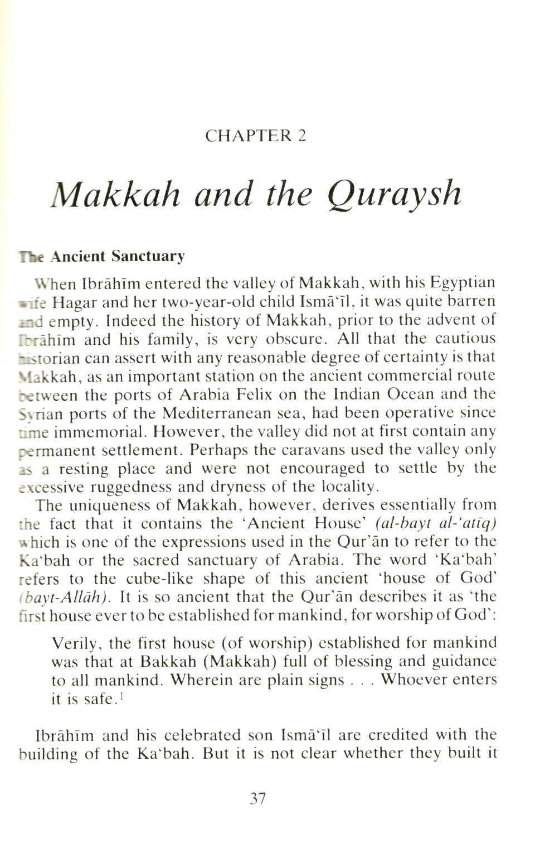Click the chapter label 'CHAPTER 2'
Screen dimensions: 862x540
(x=256, y=135)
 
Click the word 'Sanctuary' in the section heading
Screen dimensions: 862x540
(x=148, y=256)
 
